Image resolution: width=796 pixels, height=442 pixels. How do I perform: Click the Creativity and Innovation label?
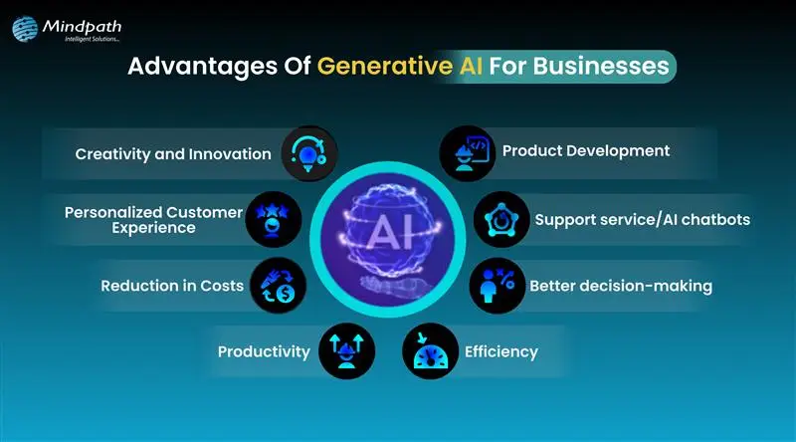point(173,153)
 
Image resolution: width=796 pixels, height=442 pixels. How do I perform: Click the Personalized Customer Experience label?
point(153,219)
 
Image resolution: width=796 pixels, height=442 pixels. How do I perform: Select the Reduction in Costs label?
point(172,286)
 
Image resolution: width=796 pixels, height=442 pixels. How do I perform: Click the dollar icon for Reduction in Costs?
point(278,286)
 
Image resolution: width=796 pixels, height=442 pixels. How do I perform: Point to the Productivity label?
point(264,350)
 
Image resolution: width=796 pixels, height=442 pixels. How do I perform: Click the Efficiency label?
point(501,350)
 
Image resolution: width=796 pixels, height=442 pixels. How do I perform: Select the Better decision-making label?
point(621,286)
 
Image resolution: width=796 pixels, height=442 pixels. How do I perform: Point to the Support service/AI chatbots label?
point(642,219)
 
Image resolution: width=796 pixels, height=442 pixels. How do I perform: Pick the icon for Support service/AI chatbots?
point(500,219)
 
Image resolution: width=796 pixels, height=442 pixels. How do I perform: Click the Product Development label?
point(585,151)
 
